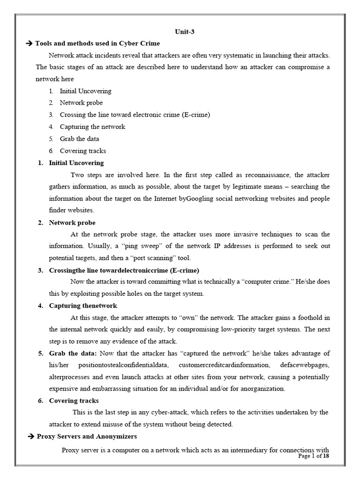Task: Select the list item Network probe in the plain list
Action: click(x=81, y=103)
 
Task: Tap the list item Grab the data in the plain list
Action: click(x=79, y=139)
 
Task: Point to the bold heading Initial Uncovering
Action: click(x=76, y=163)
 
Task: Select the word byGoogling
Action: click(x=196, y=198)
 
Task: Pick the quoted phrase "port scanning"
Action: click(x=151, y=258)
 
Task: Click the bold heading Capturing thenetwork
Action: click(x=83, y=306)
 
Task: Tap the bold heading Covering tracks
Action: click(x=74, y=400)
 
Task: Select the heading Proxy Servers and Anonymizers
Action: click(x=86, y=436)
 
